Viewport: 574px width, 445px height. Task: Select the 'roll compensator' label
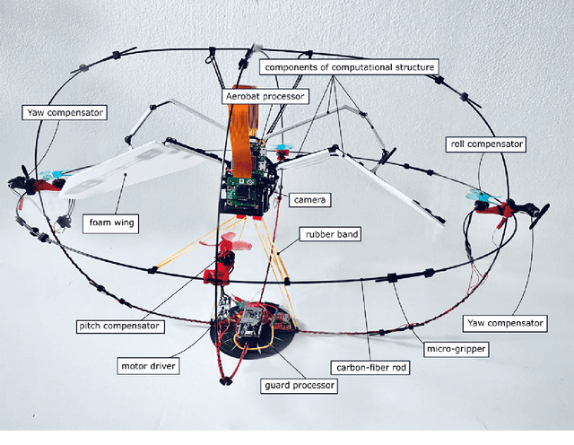point(485,144)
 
